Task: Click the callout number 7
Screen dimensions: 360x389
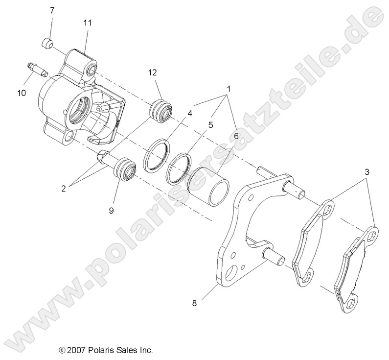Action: pos(52,10)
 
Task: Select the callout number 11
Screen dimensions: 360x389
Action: pos(88,23)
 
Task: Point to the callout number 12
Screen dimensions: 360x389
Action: pos(153,72)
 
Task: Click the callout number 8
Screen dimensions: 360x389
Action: pos(194,303)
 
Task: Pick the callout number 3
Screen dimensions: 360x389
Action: pos(366,172)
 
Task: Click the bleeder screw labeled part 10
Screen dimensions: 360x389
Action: pos(37,70)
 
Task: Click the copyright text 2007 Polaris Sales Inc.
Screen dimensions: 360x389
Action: pos(106,350)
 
